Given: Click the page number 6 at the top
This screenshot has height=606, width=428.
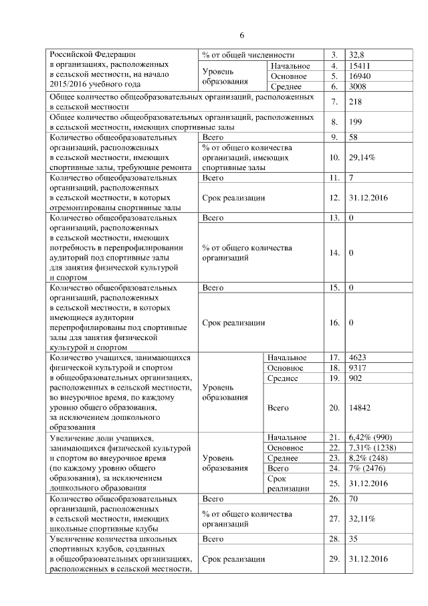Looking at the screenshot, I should point(243,35).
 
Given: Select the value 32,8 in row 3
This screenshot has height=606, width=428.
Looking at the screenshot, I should point(356,54).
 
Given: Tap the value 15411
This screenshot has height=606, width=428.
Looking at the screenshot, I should point(360,66).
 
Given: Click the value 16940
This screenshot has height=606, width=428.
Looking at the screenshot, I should point(360,76).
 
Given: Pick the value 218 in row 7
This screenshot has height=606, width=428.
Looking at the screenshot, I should point(355,102).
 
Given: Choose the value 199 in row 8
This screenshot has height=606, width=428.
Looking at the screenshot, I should point(355,122).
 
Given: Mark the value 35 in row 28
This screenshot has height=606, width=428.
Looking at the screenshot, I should point(354,538).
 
